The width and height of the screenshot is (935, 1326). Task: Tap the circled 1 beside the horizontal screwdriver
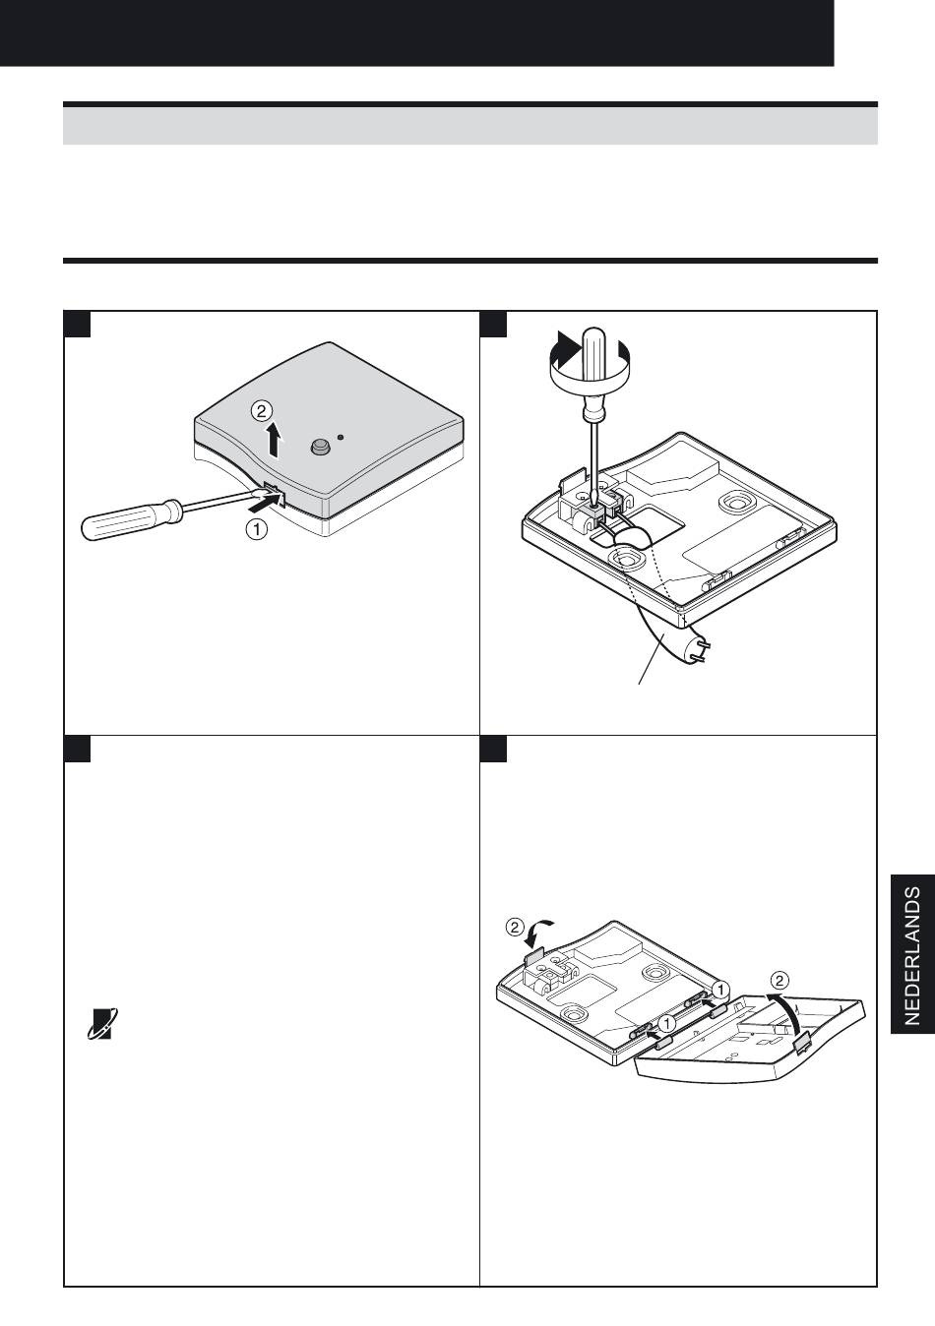(257, 529)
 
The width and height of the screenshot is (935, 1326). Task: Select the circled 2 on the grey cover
(261, 410)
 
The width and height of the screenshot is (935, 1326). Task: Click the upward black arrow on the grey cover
(274, 440)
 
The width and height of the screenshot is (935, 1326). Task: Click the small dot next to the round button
(341, 438)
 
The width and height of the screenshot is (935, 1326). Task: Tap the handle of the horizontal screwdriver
(131, 519)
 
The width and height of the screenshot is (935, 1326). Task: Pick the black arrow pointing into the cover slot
(263, 504)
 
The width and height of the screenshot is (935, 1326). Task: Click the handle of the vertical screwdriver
(592, 373)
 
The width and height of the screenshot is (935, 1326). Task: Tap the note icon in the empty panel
(100, 1023)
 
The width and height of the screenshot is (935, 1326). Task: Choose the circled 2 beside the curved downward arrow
(516, 927)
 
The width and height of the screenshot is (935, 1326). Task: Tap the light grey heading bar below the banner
(470, 126)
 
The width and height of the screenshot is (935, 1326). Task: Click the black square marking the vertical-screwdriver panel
(493, 324)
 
